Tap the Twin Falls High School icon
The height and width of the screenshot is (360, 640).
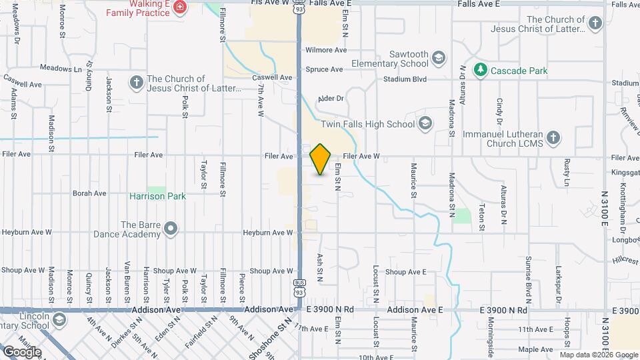[x=425, y=123]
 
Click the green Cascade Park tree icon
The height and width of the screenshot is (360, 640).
[x=480, y=69]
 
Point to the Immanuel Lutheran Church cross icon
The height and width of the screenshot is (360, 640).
[x=553, y=137]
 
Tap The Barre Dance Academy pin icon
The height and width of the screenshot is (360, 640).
[x=171, y=229]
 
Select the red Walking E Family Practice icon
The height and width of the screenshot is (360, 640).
[x=179, y=7]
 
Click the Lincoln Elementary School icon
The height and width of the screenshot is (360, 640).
[x=59, y=320]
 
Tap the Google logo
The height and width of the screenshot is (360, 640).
[x=21, y=352]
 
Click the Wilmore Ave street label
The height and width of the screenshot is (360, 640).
[x=326, y=50]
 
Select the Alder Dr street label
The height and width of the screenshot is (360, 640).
[x=331, y=98]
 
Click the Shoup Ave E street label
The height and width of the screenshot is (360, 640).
[x=405, y=272]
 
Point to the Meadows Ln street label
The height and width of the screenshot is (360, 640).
[x=60, y=68]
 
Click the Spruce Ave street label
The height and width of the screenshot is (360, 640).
[x=324, y=69]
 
